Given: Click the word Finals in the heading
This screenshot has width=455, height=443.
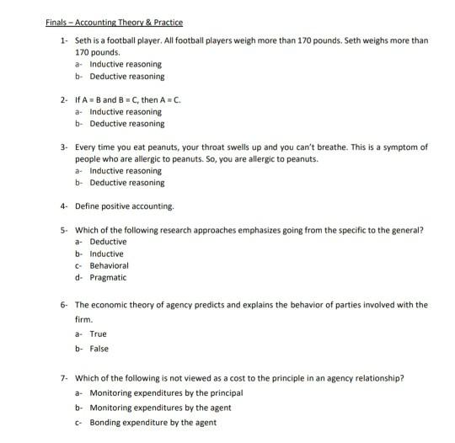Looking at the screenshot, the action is pos(57,22).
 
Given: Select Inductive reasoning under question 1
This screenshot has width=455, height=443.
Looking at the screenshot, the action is pos(126,64).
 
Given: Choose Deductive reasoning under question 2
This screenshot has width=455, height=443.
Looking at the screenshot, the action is pos(127,123).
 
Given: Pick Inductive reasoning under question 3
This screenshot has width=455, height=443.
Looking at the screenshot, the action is pos(126,170).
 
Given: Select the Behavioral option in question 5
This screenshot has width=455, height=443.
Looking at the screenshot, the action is pos(109,265).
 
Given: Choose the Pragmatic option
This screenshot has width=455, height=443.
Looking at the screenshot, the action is pos(108,277).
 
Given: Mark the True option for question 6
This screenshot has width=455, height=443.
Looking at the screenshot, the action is pos(99,334).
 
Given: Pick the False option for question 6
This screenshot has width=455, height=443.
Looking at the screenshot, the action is pos(99,348).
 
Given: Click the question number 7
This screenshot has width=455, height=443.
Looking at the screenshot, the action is pos(64,378).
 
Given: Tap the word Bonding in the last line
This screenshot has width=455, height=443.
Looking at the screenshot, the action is pos(107,421).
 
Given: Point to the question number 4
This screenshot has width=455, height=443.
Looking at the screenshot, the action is pos(64,205).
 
